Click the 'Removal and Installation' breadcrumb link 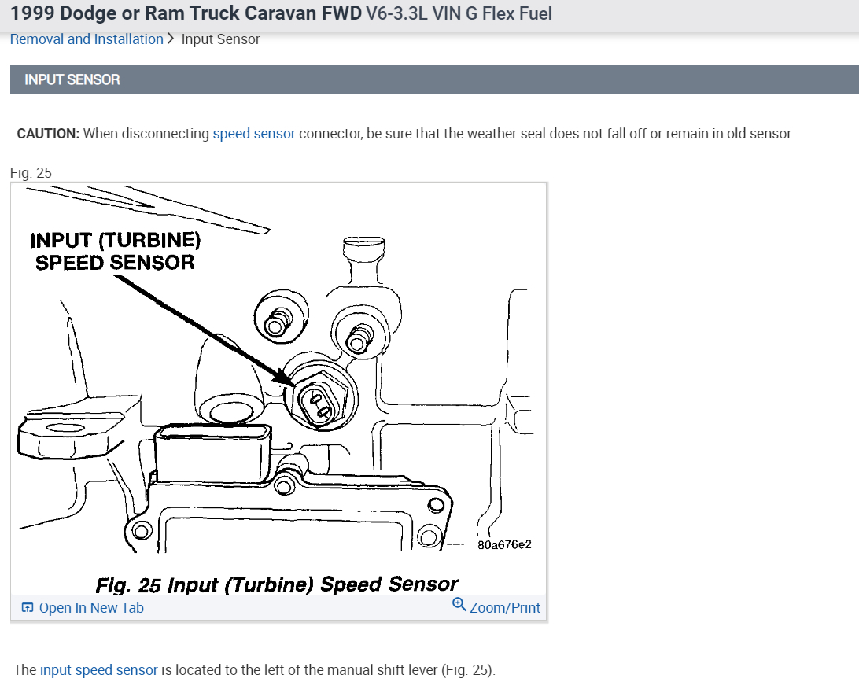click(87, 39)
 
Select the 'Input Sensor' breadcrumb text click(220, 39)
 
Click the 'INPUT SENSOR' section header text click(72, 79)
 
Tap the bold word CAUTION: click(48, 134)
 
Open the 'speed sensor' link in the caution click(254, 134)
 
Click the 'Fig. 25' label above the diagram click(31, 173)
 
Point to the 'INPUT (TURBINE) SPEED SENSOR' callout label click(115, 251)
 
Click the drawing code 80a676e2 click(504, 544)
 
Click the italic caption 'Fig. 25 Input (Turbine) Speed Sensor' click(276, 584)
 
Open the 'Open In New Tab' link click(91, 608)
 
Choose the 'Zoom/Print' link click(505, 608)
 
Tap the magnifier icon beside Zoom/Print click(459, 605)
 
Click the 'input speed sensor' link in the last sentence click(99, 670)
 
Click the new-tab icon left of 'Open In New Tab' click(28, 608)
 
